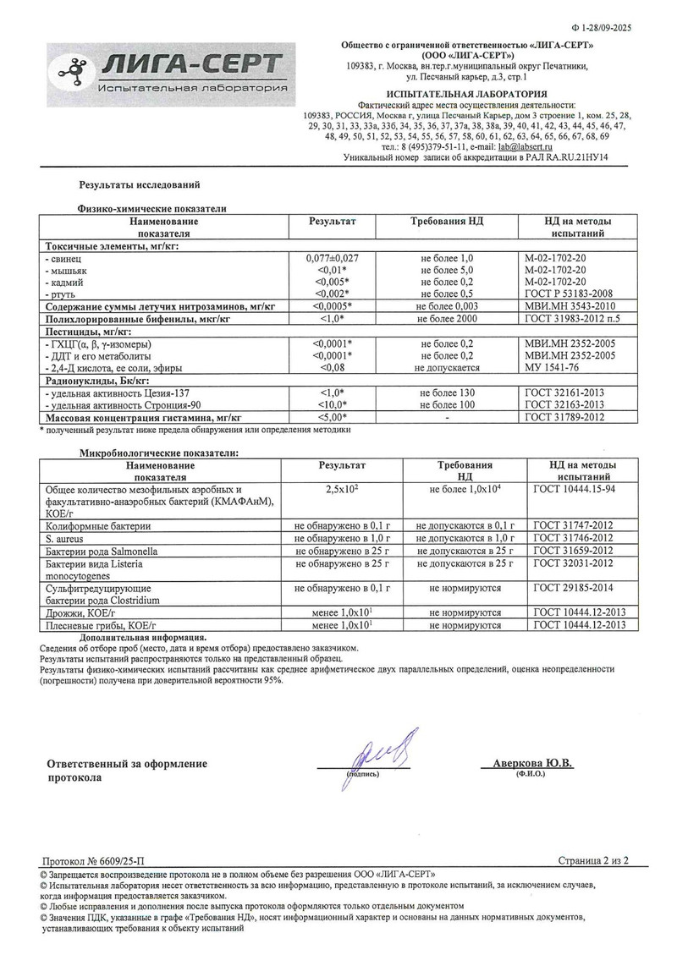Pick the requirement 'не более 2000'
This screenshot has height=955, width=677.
tap(447, 319)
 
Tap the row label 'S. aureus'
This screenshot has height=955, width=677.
tap(63, 537)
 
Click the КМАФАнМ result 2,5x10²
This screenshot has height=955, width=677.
tap(343, 490)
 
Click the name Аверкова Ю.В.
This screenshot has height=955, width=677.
tap(532, 763)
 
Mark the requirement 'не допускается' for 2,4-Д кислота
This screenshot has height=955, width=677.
tap(447, 368)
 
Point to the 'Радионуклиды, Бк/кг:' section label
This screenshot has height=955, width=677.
tap(93, 381)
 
